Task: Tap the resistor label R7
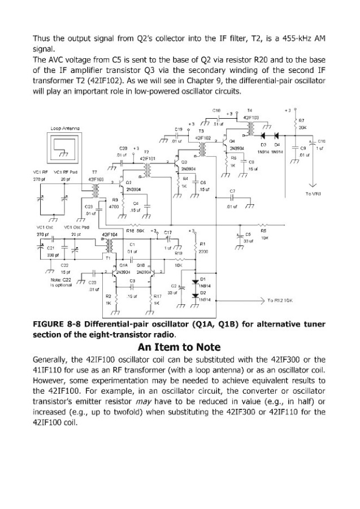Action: point(302,120)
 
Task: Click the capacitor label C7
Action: point(232,192)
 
